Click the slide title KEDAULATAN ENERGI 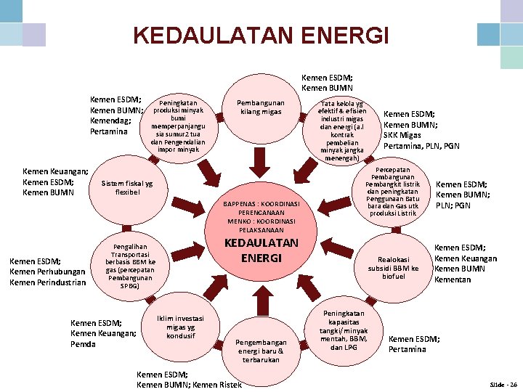coord(261,35)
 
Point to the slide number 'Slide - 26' coord(503,383)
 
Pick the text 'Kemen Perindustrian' coord(48,282)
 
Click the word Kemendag coord(110,121)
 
